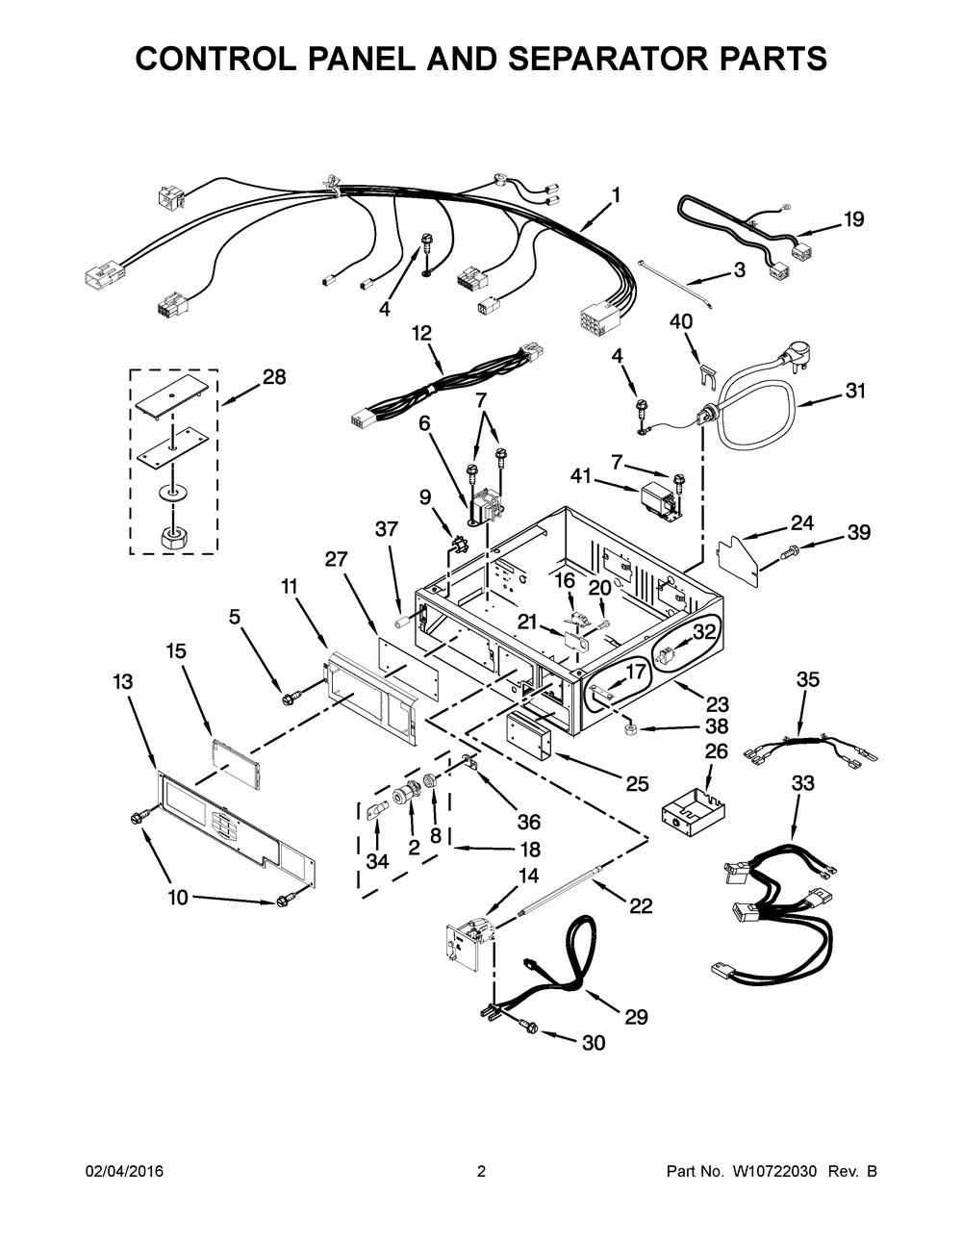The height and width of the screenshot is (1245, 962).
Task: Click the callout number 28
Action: pos(274,378)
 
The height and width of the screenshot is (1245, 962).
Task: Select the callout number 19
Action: pos(853,219)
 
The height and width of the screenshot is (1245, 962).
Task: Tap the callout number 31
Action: pos(855,391)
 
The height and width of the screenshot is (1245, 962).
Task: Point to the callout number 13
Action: pos(122,681)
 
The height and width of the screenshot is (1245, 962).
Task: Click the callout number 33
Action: pos(803,783)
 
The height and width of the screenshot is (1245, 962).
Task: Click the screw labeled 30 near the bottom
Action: pos(529,1027)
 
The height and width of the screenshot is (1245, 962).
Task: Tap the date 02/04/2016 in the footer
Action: pos(124,1172)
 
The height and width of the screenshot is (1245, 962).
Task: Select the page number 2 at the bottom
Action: pos(481,1172)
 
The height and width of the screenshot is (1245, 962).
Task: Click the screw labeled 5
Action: pos(288,693)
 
